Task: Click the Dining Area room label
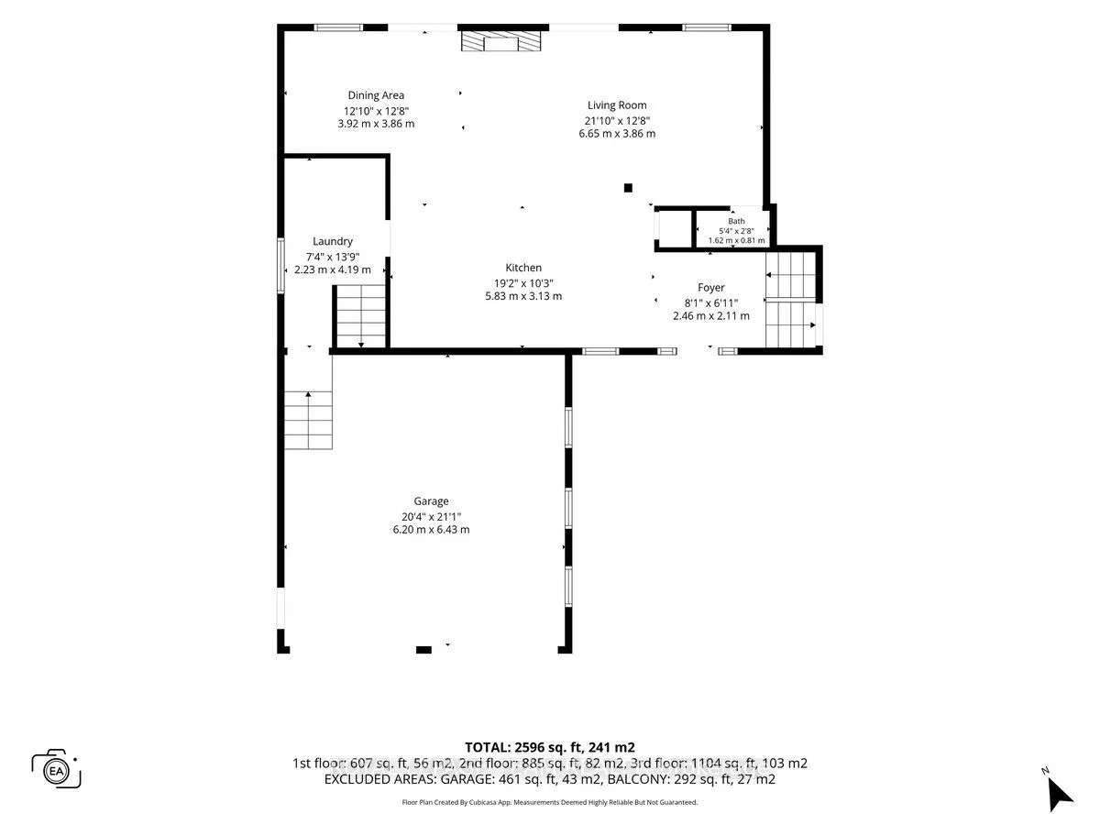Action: tap(376, 95)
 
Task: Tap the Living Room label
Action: tap(617, 105)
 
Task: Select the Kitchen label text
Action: tap(523, 268)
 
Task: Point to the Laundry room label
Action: tap(333, 241)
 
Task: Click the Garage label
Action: tap(431, 500)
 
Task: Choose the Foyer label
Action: tap(711, 288)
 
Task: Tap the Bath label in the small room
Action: tap(736, 221)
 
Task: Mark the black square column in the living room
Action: tap(628, 188)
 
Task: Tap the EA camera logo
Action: tap(56, 770)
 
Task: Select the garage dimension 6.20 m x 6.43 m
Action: tap(431, 530)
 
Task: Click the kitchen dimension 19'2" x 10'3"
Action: tap(523, 283)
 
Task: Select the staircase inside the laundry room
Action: tap(361, 316)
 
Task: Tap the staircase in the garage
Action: tap(308, 420)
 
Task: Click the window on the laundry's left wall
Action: tap(280, 266)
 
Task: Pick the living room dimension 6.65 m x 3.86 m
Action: tap(617, 134)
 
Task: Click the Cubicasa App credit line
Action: tap(550, 802)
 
